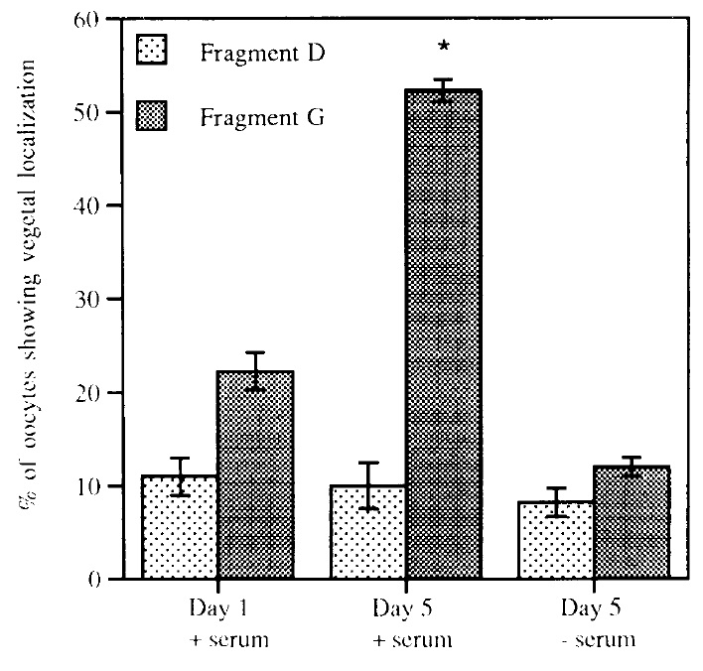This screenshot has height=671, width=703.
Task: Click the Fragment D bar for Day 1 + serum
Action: point(180,527)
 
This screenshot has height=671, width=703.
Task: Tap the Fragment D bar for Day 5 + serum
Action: point(367,532)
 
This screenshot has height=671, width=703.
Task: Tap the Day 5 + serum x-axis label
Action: point(407,621)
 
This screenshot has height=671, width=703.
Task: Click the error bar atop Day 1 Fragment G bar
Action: point(255,370)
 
